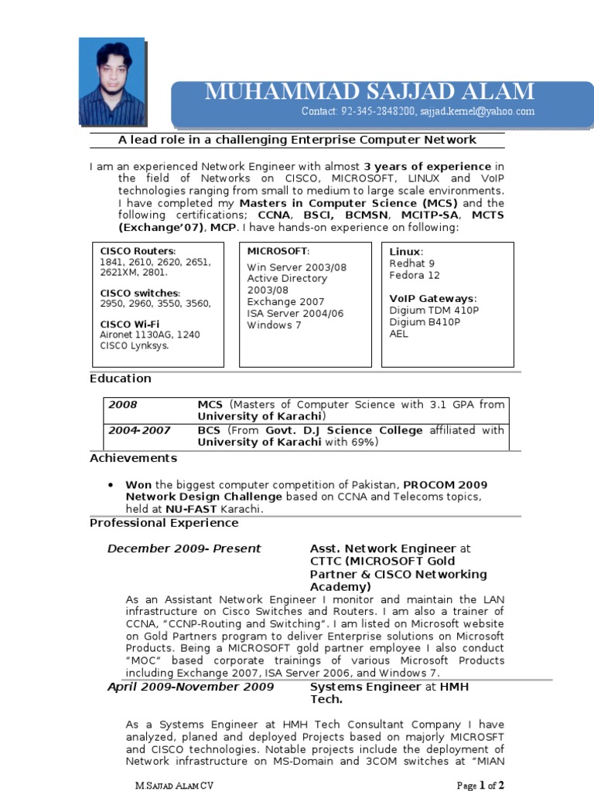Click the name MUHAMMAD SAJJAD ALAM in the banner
pyautogui.click(x=369, y=92)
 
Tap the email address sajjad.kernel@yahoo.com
pyautogui.click(x=477, y=112)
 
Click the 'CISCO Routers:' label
pyautogui.click(x=138, y=252)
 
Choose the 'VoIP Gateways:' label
pyautogui.click(x=432, y=298)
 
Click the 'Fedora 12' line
pyautogui.click(x=414, y=275)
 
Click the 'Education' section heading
pyautogui.click(x=121, y=379)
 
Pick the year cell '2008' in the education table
pyautogui.click(x=122, y=404)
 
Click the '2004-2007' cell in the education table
pyautogui.click(x=139, y=430)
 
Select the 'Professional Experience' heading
pyautogui.click(x=164, y=523)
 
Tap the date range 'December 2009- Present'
pyautogui.click(x=184, y=548)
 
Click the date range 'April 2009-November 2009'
pyautogui.click(x=190, y=687)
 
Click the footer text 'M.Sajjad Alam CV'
pyautogui.click(x=174, y=785)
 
